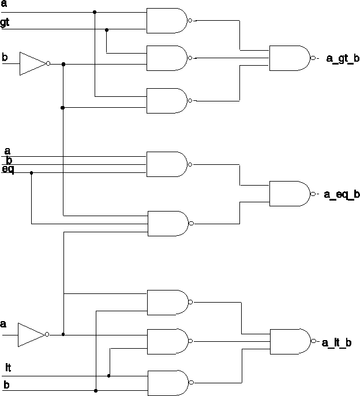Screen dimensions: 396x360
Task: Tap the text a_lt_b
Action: point(340,342)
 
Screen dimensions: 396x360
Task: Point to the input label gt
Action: point(5,22)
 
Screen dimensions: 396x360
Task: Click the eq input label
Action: point(7,169)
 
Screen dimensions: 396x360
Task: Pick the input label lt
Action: point(8,367)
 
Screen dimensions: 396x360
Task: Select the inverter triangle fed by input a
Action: point(31,334)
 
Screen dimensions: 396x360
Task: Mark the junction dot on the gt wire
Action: point(107,29)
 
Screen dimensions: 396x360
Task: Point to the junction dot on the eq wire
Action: point(31,172)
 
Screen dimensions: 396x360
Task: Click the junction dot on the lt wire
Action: point(109,375)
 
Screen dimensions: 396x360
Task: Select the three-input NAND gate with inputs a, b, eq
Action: point(167,164)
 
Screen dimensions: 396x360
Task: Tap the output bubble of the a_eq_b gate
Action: point(313,194)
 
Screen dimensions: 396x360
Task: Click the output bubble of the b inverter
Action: point(48,63)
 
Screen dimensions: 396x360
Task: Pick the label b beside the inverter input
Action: point(5,56)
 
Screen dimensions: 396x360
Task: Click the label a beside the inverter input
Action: point(3,324)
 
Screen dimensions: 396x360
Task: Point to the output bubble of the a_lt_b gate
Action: point(313,341)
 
